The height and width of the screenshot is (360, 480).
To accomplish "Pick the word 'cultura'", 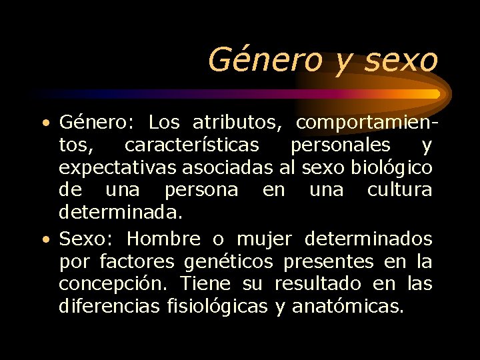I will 399,190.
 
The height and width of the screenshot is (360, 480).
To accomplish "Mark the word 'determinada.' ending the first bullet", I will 110,213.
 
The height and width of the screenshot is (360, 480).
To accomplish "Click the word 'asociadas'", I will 227,167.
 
